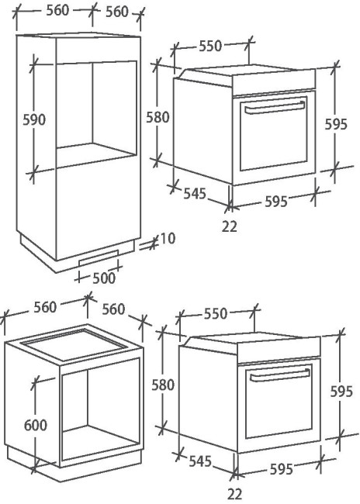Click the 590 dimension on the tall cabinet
point(34,119)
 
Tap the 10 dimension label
point(168,239)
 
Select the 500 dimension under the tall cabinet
point(104,278)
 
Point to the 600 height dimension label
point(36,425)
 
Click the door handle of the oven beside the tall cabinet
point(275,108)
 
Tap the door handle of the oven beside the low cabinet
point(279,375)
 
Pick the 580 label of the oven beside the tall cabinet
point(157,117)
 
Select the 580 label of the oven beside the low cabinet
point(163,385)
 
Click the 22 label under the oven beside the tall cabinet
point(230,226)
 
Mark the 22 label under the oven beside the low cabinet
point(235,494)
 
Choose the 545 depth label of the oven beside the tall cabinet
point(195,194)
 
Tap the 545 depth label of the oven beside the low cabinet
point(200,461)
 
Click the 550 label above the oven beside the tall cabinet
point(210,46)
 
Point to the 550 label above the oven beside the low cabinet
point(216,313)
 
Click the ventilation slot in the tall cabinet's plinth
point(99,257)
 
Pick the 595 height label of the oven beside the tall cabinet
point(336,124)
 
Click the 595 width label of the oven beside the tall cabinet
point(276,202)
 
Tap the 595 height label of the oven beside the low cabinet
point(341,392)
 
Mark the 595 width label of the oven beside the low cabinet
point(282,469)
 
